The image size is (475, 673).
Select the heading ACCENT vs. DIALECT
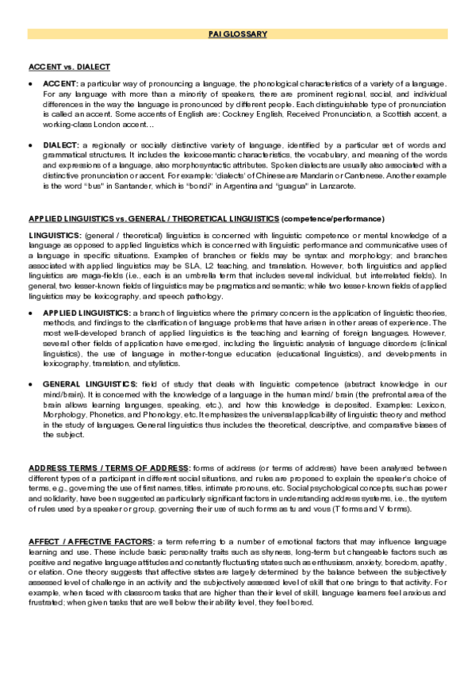point(69,67)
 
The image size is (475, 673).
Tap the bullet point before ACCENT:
point(30,83)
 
